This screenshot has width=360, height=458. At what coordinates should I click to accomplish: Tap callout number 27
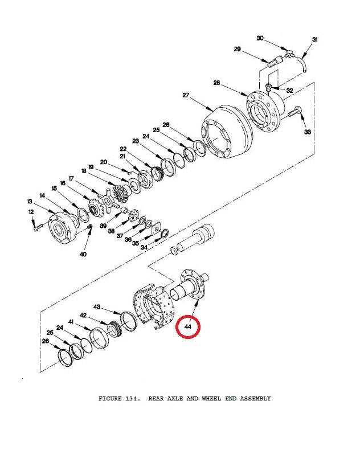(186, 95)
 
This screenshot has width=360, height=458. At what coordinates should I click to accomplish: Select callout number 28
(216, 83)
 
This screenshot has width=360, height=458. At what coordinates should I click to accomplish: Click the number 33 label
(308, 132)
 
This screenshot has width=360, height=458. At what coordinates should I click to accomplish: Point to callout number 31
(315, 39)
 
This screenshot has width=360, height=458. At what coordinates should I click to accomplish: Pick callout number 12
(31, 212)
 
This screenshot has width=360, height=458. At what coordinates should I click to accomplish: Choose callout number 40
(83, 254)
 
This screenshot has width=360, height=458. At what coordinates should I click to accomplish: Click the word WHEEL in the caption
(211, 398)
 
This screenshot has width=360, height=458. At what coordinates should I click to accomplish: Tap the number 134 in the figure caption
(133, 398)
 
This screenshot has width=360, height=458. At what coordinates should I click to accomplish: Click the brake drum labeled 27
(227, 132)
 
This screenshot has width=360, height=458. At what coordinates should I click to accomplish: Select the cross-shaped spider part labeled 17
(108, 201)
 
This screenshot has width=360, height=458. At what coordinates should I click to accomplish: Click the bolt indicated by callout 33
(295, 112)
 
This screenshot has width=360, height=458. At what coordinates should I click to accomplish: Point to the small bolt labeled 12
(38, 227)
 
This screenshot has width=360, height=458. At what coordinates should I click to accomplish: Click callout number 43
(97, 307)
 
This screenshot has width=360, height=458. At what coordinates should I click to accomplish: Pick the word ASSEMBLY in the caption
(255, 398)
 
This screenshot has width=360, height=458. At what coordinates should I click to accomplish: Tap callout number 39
(103, 226)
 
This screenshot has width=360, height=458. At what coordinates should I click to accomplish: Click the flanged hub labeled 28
(265, 111)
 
